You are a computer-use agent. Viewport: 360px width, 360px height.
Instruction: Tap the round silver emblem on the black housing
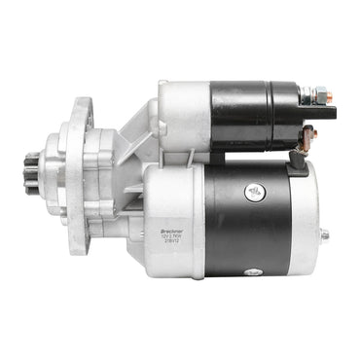[x=254, y=193]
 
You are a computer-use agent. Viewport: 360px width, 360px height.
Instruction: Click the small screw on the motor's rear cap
[x=324, y=234]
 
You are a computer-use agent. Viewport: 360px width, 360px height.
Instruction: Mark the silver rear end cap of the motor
[x=306, y=219]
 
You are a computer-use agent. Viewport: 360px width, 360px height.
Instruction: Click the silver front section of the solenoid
[x=185, y=115]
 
